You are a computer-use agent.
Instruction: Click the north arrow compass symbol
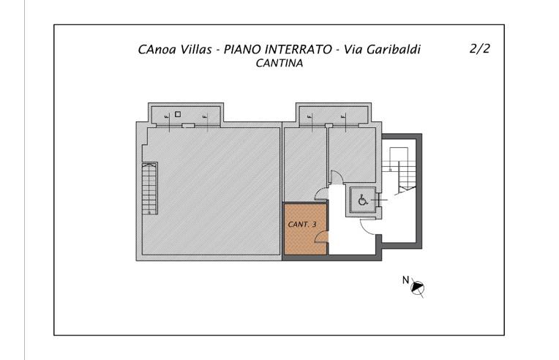click(419, 288)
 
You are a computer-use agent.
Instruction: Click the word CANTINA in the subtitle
click(279, 64)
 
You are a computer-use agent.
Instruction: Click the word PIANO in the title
click(243, 50)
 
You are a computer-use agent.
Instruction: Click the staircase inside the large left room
click(149, 188)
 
